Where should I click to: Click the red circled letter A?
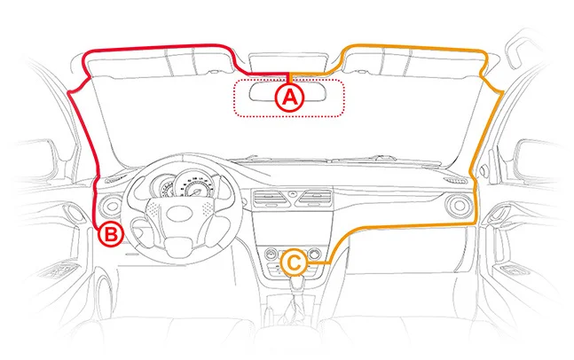(287, 98)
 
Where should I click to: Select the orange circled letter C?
(295, 262)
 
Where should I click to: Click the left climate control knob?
(270, 257)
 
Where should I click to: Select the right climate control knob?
(317, 257)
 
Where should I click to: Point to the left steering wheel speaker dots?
(153, 211)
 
